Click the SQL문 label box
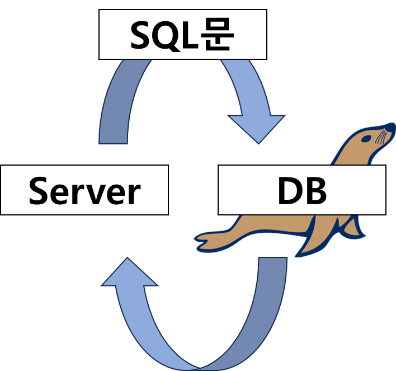pyautogui.click(x=182, y=36)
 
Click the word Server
pyautogui.click(x=84, y=191)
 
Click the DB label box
pyautogui.click(x=301, y=190)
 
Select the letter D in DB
pyautogui.click(x=289, y=191)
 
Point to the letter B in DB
pyautogui.click(x=316, y=191)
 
